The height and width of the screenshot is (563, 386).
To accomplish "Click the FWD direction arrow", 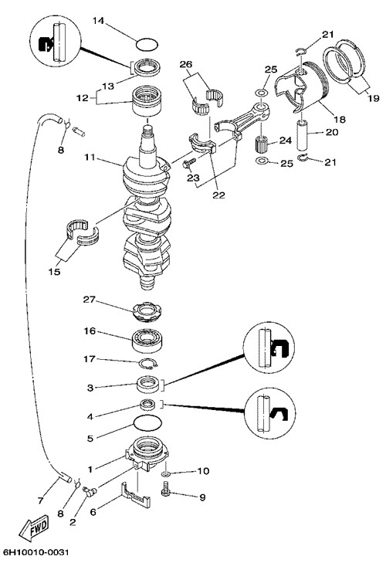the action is (34, 529).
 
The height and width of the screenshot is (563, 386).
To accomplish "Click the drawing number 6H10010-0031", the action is (36, 552).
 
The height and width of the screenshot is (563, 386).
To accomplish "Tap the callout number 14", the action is (98, 21).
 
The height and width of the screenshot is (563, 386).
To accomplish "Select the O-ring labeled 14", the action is (147, 45).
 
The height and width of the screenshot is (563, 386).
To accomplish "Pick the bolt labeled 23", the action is (189, 164).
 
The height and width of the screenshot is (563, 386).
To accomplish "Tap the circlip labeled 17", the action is (147, 364).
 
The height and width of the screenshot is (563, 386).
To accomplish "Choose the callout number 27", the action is (89, 300).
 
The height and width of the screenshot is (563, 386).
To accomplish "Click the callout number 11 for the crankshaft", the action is (90, 158).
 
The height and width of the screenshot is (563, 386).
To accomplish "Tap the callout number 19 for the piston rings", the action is (374, 97).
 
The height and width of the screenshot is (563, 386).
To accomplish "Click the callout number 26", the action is (196, 64).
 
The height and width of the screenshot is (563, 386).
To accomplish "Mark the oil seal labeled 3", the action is (147, 385).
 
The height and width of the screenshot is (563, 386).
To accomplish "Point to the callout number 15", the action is (54, 272).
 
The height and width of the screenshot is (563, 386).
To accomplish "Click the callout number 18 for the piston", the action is (340, 119).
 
